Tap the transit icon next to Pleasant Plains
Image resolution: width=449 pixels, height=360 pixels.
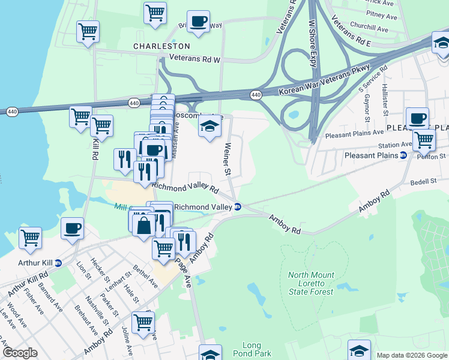(403, 155)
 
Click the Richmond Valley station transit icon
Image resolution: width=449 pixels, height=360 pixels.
(238, 207)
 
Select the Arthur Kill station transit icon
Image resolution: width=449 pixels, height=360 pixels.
(58, 263)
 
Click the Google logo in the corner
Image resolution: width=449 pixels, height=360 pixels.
(20, 353)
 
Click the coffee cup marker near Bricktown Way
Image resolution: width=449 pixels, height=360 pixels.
(199, 22)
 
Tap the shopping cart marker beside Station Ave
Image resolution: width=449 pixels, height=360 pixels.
(424, 140)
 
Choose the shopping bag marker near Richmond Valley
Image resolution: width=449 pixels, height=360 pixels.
(144, 226)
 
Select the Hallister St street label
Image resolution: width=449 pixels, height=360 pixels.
(385, 95)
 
